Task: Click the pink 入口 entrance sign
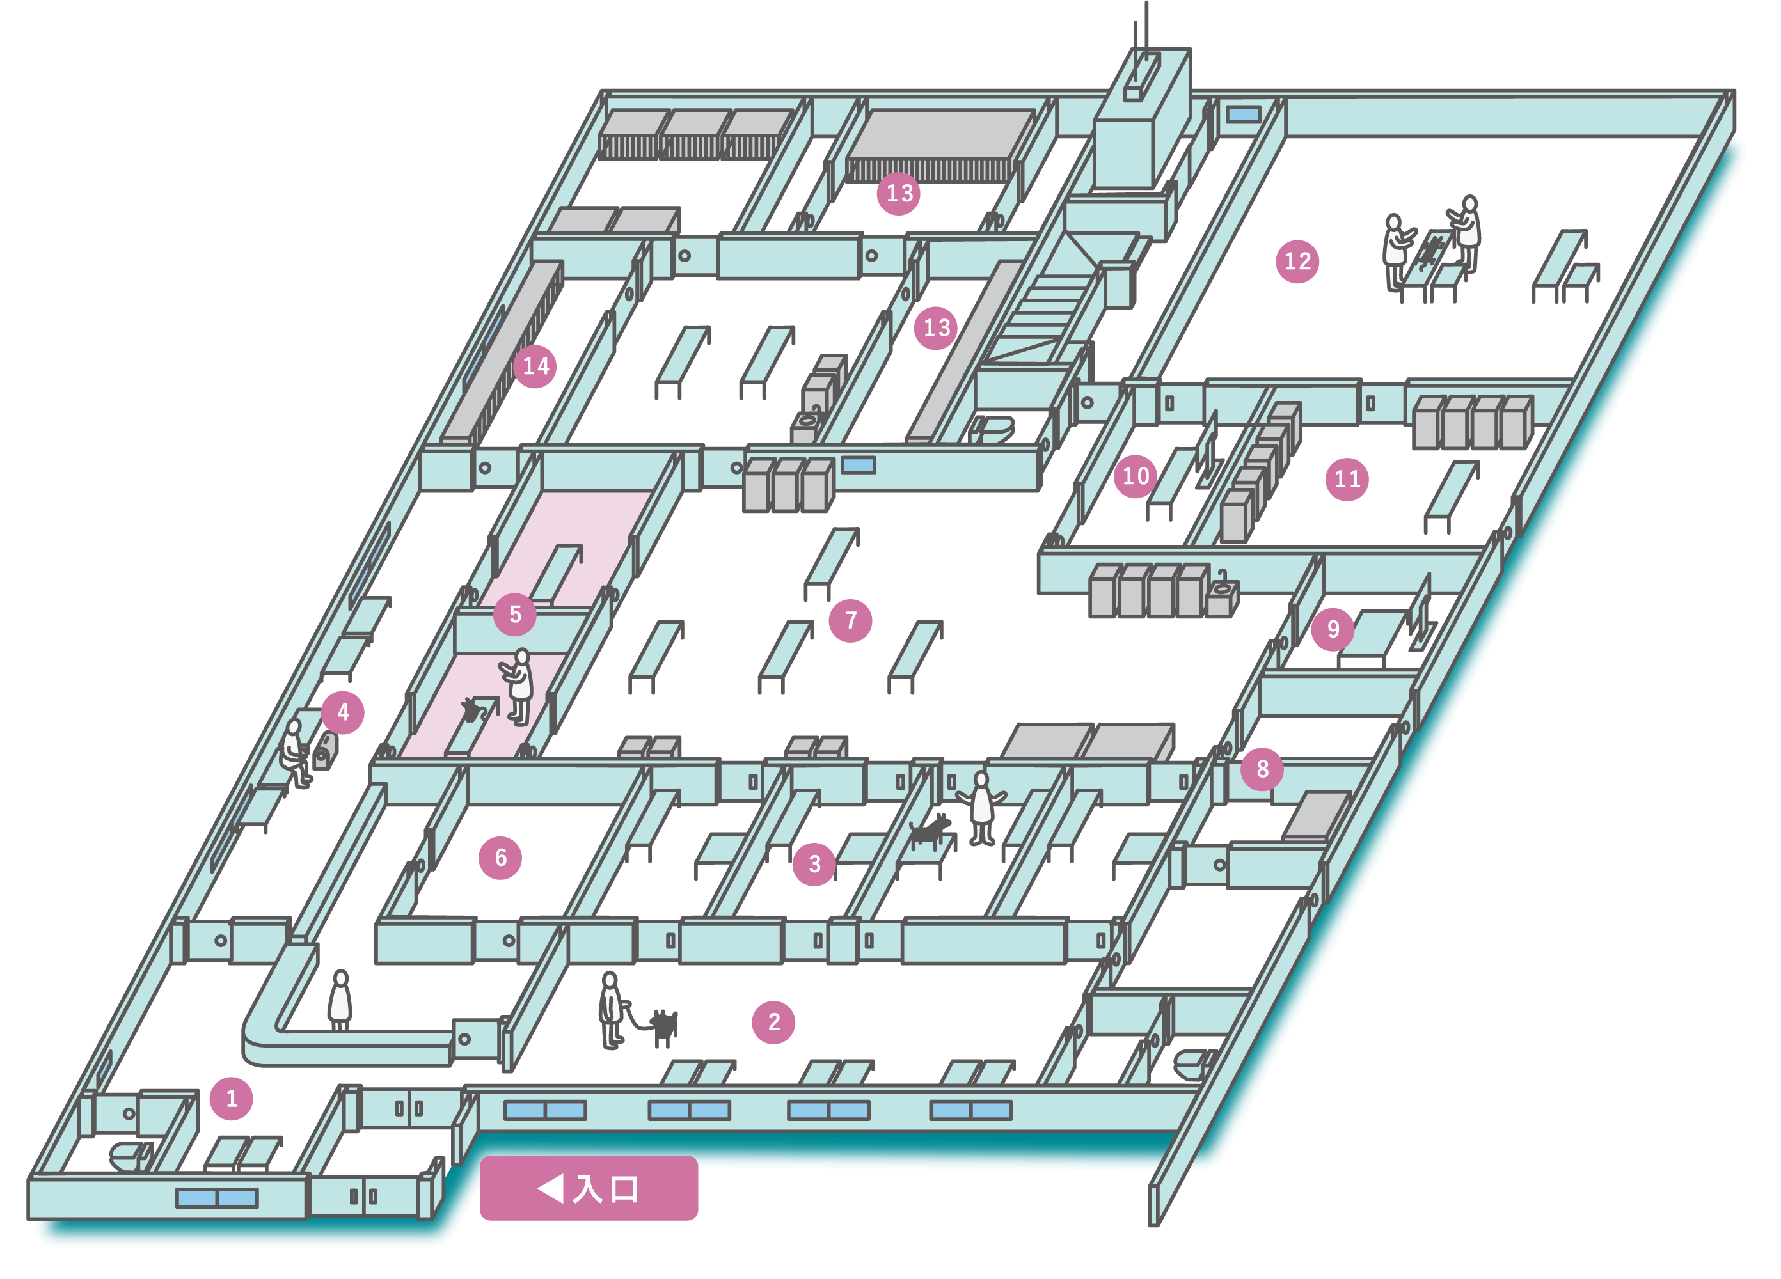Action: (588, 1188)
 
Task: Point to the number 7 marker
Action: (850, 620)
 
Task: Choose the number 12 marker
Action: (1297, 261)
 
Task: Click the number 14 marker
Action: (535, 366)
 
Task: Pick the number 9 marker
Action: (1333, 629)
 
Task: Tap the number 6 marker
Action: (500, 858)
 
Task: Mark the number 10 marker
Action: (1136, 476)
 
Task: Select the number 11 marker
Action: (1347, 479)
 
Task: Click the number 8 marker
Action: (1262, 769)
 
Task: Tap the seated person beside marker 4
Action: (294, 752)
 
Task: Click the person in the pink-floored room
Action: (518, 686)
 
